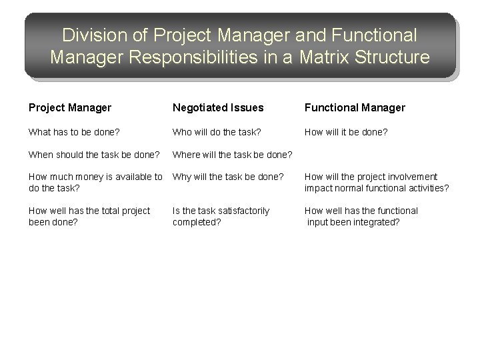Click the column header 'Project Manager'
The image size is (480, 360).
pos(69,107)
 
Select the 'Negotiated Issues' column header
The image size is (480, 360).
pos(218,107)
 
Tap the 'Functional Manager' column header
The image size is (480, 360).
pos(355,107)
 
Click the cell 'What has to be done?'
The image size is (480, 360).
pos(74,132)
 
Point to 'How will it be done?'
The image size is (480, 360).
pos(345,132)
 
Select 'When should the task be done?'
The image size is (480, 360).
pos(94,155)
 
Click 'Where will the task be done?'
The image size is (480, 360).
pos(233,155)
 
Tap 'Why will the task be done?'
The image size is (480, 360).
pos(227,177)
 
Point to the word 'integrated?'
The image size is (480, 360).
pos(376,221)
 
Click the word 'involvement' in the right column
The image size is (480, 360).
pos(413,177)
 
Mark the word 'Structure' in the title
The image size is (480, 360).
pos(397,57)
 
